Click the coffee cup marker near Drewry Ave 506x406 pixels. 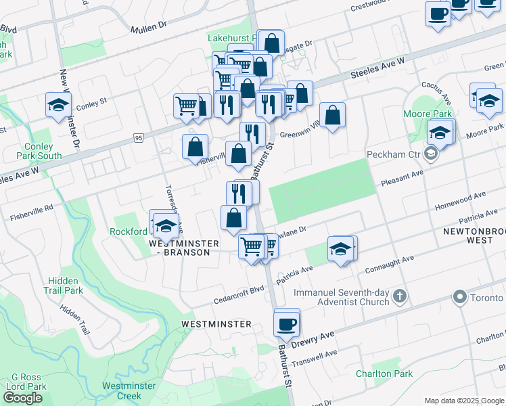(287, 323)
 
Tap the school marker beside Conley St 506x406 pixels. (59, 105)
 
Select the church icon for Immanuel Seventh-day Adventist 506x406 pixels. (400, 296)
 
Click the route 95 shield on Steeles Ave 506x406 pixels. (139, 138)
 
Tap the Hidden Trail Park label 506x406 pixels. (66, 285)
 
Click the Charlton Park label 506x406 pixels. (384, 374)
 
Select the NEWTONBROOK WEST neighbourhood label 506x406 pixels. (472, 235)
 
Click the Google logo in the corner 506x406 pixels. (22, 398)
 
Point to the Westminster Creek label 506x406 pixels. (129, 390)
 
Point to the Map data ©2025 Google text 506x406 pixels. (464, 401)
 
